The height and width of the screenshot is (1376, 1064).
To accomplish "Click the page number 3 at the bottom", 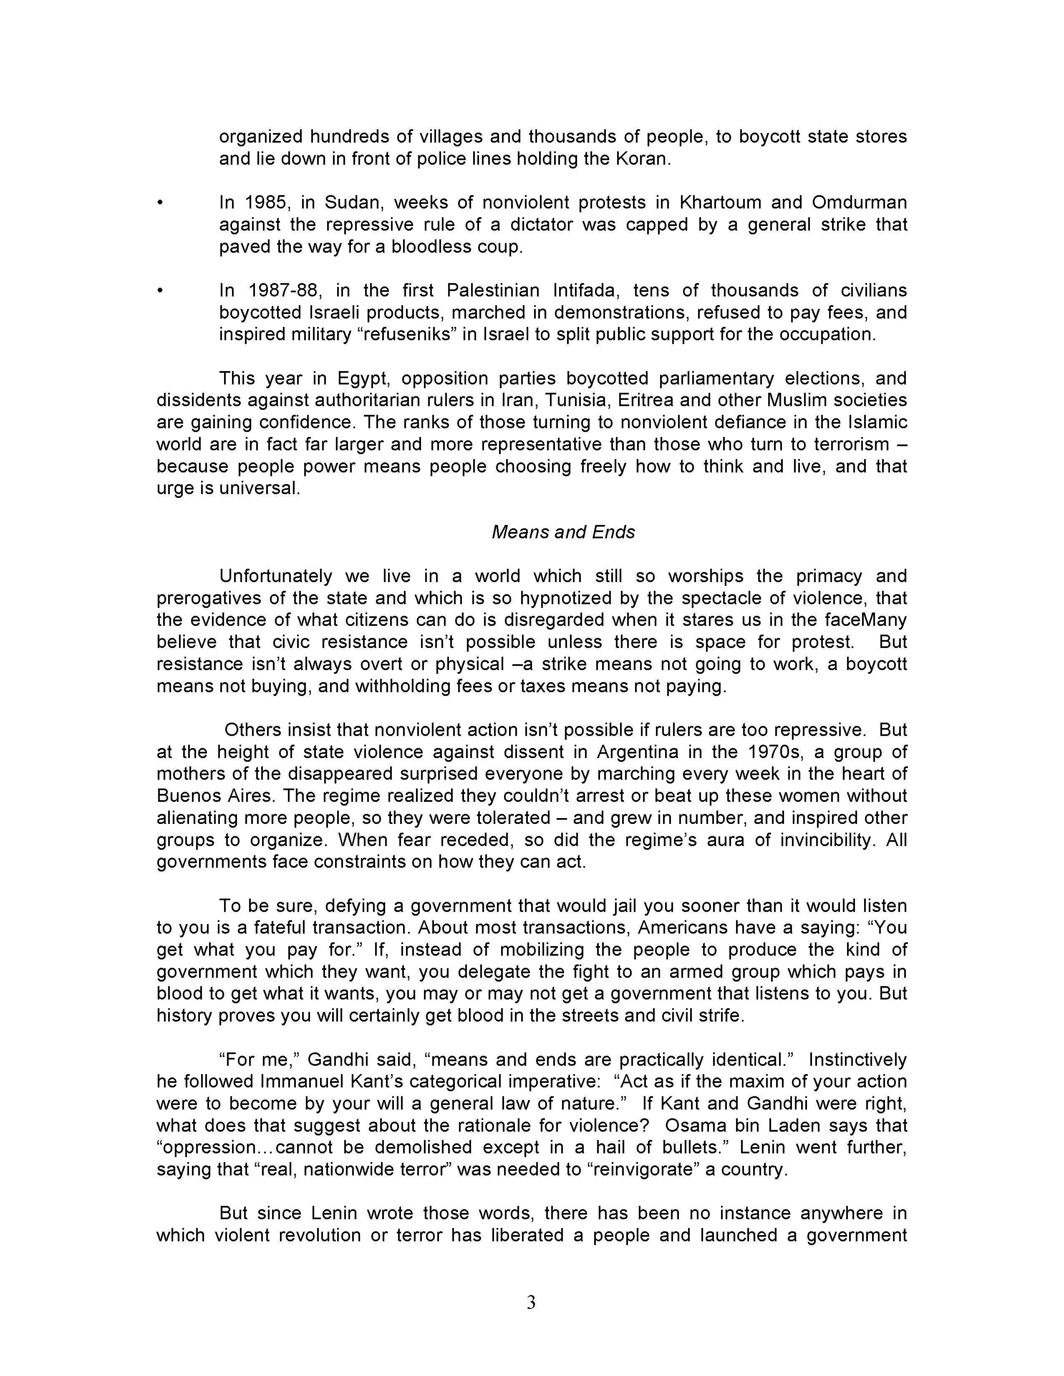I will pyautogui.click(x=531, y=1302).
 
